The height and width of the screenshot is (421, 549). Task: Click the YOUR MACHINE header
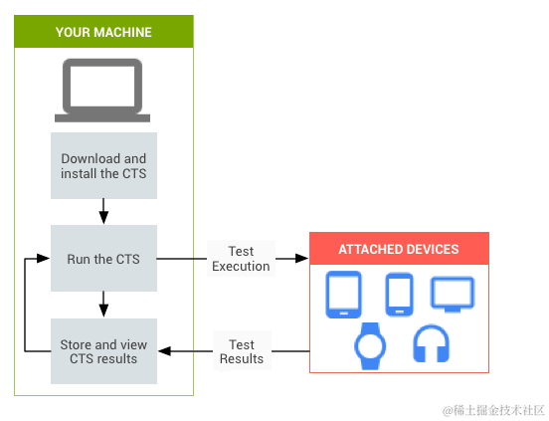point(103,32)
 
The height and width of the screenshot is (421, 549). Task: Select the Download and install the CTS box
point(103,165)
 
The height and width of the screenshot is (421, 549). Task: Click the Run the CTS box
point(103,259)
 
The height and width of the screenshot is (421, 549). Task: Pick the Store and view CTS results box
point(103,351)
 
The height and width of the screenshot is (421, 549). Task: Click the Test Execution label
point(241,259)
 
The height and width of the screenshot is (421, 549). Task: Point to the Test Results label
point(241,351)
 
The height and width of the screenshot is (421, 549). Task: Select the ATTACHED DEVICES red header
point(398,249)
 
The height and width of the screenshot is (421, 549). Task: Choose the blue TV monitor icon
point(452,294)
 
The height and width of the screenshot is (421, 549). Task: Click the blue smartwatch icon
point(370,343)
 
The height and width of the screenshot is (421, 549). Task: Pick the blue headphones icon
point(432,343)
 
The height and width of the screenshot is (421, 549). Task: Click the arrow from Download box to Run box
point(103,210)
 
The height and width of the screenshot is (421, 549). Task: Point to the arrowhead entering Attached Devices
point(302,259)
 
